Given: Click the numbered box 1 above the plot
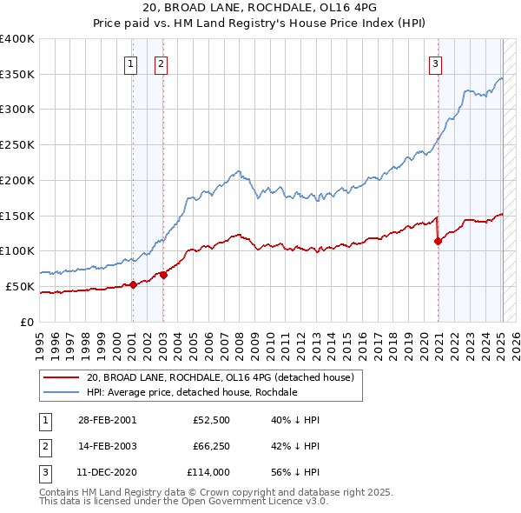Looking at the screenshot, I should pos(131,62).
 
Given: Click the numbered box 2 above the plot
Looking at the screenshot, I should pos(162,62).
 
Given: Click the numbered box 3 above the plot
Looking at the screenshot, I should pos(435,62).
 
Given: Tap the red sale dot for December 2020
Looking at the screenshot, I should pos(438,241).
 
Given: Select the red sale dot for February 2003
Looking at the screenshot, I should pos(163,275).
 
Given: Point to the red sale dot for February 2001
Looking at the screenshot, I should pos(133,284).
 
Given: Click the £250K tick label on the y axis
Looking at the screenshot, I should pos(17,144).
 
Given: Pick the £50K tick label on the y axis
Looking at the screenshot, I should pos(20,286).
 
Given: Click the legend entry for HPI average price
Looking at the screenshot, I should pos(191,393).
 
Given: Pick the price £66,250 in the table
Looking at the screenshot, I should pos(210,446).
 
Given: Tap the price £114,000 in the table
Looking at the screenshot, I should pos(208,472).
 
